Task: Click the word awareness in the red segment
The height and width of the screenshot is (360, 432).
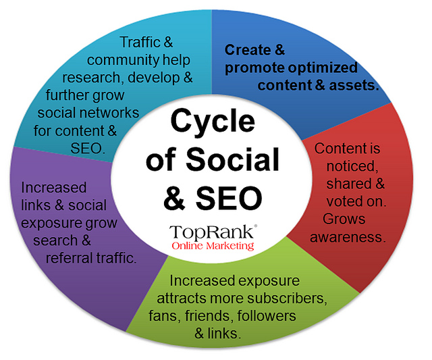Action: [x=353, y=237]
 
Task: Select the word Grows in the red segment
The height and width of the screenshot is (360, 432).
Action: [x=344, y=220]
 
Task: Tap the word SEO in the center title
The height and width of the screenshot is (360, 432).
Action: [x=236, y=197]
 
